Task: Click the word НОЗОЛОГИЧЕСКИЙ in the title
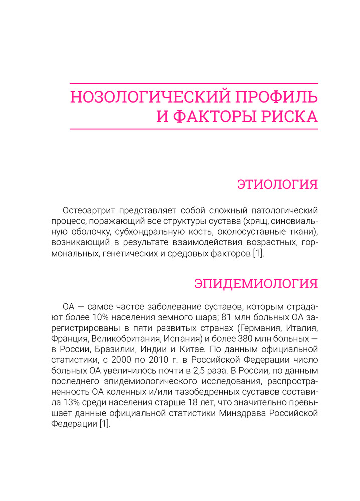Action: pos(139,96)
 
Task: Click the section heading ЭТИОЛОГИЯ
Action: pos(277,184)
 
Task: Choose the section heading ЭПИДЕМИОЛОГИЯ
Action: pos(256,283)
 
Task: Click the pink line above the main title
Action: pos(194,83)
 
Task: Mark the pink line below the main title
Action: pos(194,129)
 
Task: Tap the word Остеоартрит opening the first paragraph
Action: pos(87,209)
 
